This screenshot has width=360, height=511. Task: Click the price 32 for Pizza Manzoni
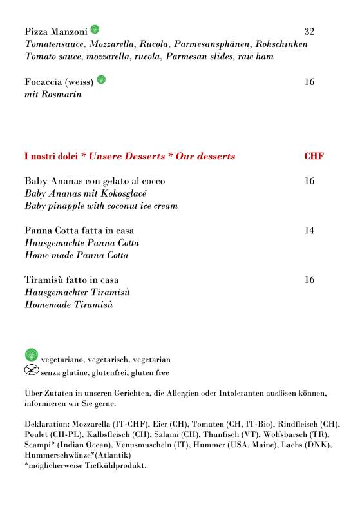(x=309, y=32)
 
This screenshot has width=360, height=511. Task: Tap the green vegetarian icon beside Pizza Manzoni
(x=95, y=30)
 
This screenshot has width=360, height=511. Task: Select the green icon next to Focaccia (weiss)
(x=101, y=80)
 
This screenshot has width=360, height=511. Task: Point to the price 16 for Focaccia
(x=309, y=82)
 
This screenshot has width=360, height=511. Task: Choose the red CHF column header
(x=314, y=157)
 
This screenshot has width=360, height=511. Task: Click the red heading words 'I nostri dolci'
(x=51, y=157)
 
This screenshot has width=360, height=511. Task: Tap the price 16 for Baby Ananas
(x=309, y=181)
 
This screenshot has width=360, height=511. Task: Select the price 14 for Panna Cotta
(x=309, y=231)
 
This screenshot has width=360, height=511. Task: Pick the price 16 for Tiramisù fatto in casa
(x=309, y=280)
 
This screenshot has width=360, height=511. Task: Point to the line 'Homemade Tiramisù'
(x=69, y=305)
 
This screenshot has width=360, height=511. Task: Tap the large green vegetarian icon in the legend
(x=32, y=354)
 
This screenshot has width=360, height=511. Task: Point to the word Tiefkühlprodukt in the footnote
(x=120, y=465)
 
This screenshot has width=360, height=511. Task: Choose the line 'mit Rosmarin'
(x=53, y=95)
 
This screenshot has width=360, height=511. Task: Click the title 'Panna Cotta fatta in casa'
(x=79, y=231)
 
